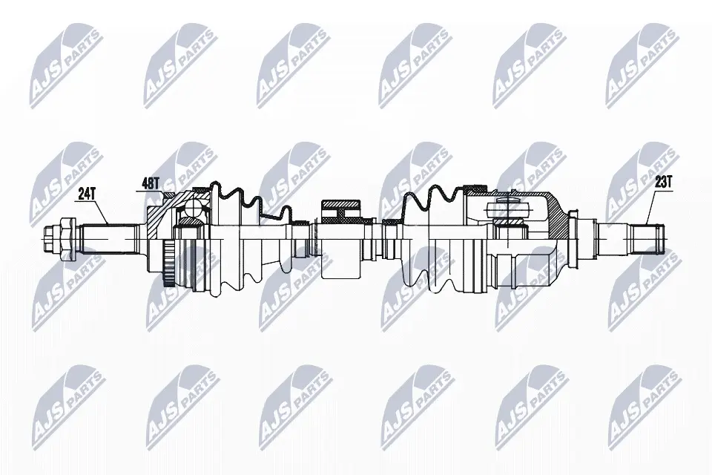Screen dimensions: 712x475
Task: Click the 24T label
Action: click(85, 194)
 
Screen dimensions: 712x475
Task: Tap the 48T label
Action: click(151, 183)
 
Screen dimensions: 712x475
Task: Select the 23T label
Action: click(662, 182)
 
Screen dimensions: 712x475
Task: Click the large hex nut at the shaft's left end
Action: click(67, 238)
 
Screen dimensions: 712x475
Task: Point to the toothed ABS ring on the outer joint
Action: click(168, 263)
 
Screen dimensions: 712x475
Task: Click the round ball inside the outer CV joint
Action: click(193, 209)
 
